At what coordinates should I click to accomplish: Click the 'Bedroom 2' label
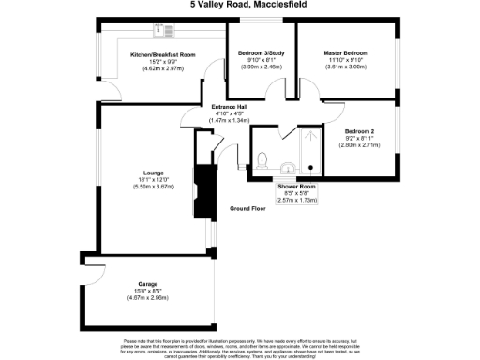tap(359, 130)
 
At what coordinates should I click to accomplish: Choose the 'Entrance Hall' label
tap(229, 107)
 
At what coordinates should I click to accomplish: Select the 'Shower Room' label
tap(293, 185)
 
